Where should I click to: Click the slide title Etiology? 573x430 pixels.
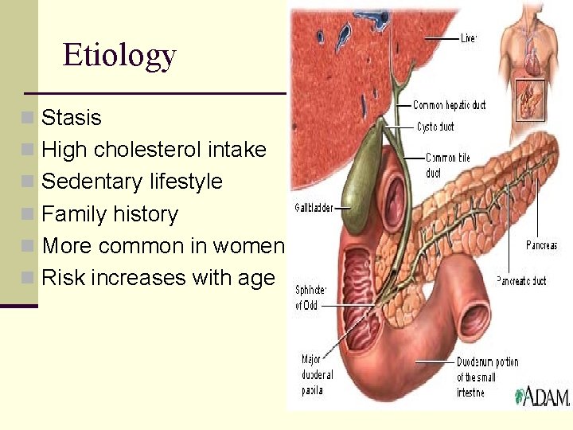(x=119, y=56)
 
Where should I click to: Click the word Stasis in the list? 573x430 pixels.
(x=72, y=118)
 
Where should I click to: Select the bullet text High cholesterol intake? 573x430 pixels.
(x=154, y=150)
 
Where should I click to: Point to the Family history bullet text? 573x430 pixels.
(x=110, y=214)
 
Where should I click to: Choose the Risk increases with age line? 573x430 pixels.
(x=158, y=278)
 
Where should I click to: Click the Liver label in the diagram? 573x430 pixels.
(x=469, y=37)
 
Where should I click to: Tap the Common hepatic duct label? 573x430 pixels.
(x=449, y=105)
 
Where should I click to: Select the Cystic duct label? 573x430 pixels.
(x=435, y=126)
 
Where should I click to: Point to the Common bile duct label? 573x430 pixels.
(x=447, y=165)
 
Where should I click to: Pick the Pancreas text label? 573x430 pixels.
(x=541, y=245)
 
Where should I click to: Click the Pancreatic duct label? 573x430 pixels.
(x=521, y=280)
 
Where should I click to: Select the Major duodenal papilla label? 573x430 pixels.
(x=318, y=374)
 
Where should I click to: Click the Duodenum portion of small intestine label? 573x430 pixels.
(x=486, y=377)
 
